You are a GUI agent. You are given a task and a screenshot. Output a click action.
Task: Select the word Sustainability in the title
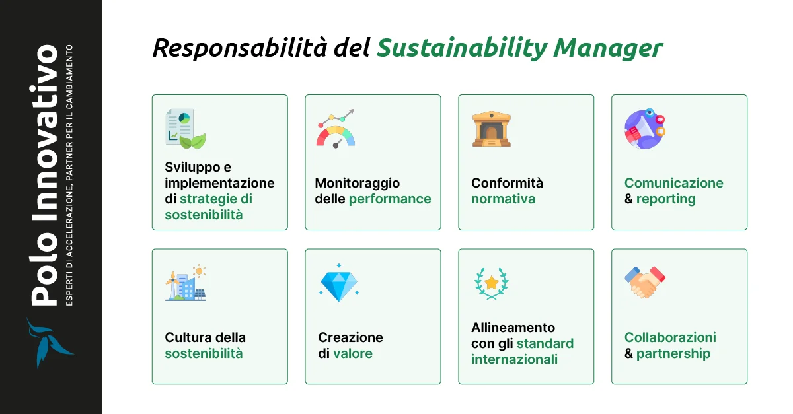click(x=461, y=49)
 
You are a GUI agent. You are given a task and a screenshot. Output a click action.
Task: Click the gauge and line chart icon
click(x=336, y=128)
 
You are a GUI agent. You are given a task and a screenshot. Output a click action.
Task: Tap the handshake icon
click(x=645, y=282)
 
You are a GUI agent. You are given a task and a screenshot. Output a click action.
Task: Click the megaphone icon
click(x=644, y=128)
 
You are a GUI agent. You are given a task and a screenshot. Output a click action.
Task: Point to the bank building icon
click(x=492, y=128)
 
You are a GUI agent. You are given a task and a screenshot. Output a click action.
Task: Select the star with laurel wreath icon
click(x=492, y=283)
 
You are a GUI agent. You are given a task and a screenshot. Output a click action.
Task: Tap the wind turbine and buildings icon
click(x=185, y=283)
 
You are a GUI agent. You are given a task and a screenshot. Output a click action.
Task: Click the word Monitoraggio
click(x=358, y=183)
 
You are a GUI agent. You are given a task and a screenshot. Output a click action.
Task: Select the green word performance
click(x=390, y=199)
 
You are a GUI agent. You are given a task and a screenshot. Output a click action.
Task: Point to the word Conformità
click(x=507, y=183)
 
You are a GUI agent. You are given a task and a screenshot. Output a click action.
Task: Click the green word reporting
click(x=665, y=199)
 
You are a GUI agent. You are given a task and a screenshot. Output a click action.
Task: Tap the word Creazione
click(x=350, y=337)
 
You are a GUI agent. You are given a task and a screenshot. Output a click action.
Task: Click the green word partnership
click(x=673, y=353)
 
